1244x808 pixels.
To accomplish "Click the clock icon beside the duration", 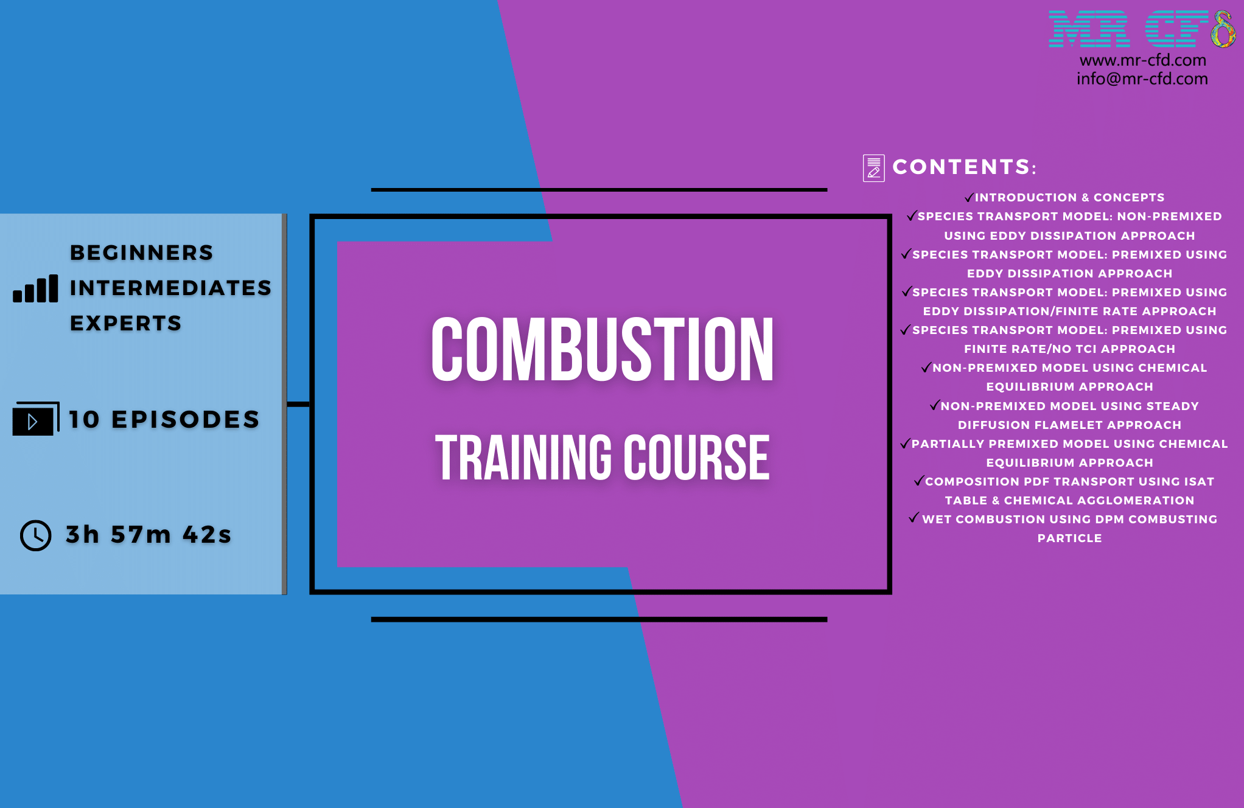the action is pos(36,535).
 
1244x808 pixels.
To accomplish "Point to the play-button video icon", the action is pos(35,419).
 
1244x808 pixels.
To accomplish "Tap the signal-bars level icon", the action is pos(35,288).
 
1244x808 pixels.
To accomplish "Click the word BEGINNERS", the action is pos(142,252).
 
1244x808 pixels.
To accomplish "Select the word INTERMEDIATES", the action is pos(170,288).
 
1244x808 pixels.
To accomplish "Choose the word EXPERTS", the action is pos(126,323).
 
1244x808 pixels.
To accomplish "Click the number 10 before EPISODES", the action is pos(84,419).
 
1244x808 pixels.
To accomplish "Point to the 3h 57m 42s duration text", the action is pos(149,535).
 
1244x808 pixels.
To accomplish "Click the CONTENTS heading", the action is pos(964,167).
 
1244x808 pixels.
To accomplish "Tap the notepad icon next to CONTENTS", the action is pos(874,168).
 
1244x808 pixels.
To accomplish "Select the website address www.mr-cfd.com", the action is pos(1142,60).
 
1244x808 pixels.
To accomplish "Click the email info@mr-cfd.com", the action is pos(1142,79).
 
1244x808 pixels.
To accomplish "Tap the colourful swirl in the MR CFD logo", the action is pos(1222,29).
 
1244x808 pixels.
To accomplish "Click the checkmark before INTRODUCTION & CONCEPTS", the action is pos(970,197).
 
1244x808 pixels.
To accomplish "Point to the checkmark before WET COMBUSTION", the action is pos(914,518).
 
